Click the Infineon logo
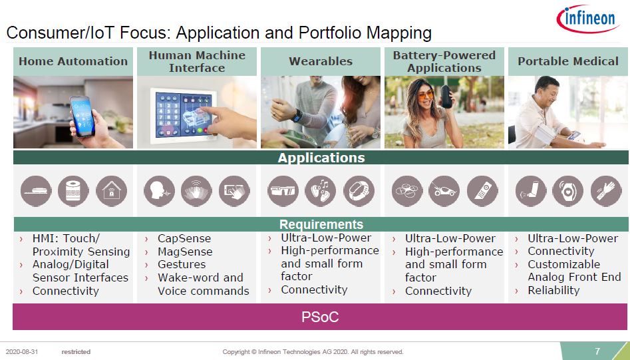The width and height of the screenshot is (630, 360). click(x=587, y=19)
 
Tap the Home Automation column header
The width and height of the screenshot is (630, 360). click(x=73, y=61)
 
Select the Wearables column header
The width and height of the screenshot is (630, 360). click(x=321, y=61)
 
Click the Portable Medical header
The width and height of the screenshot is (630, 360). click(x=568, y=61)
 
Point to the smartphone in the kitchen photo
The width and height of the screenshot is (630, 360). click(x=82, y=116)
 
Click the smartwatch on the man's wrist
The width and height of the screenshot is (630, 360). click(x=297, y=116)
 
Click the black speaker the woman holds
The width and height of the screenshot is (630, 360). click(x=446, y=96)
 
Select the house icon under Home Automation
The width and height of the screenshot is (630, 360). click(x=111, y=191)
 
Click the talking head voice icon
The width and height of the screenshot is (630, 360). click(x=159, y=191)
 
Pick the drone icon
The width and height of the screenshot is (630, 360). click(x=407, y=191)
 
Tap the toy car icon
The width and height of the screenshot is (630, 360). click(x=444, y=191)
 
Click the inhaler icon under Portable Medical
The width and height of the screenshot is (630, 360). click(x=531, y=191)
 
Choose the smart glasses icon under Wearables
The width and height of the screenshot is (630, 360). click(x=283, y=191)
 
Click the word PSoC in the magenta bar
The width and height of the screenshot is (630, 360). click(x=320, y=317)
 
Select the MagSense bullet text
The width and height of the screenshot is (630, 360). click(x=185, y=252)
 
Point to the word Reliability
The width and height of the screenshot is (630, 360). click(x=553, y=291)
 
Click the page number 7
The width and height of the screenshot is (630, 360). click(x=597, y=351)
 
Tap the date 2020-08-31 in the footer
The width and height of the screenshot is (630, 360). click(x=22, y=352)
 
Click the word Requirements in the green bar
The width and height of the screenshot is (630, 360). click(x=321, y=224)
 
